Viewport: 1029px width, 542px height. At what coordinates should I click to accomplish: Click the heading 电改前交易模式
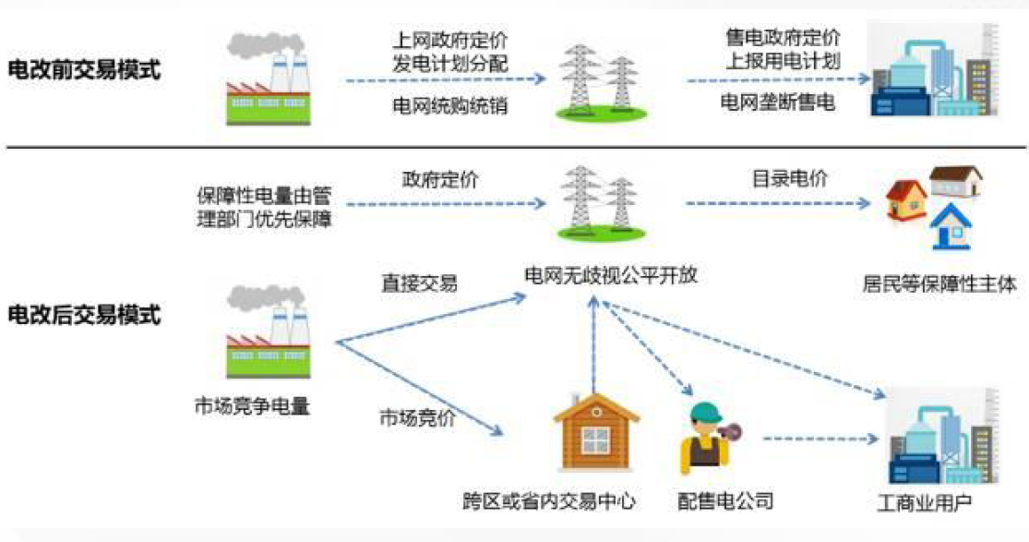(x=84, y=70)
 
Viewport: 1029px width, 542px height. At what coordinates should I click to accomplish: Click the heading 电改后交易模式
(x=84, y=315)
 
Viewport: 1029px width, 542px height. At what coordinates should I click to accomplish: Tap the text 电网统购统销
(x=450, y=106)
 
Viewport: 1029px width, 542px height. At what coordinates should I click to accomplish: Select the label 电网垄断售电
(x=777, y=102)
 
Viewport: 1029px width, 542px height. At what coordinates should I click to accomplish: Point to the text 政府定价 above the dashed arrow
(x=440, y=180)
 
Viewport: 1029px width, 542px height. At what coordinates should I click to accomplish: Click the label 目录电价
(x=776, y=179)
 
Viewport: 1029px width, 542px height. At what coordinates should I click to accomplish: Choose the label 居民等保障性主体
(x=935, y=284)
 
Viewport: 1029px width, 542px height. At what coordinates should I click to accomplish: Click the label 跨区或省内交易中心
(x=549, y=501)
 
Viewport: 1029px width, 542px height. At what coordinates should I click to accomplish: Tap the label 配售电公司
(x=724, y=501)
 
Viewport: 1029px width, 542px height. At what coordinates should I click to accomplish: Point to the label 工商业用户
(x=924, y=504)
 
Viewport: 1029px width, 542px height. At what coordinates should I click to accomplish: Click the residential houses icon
(x=934, y=208)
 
